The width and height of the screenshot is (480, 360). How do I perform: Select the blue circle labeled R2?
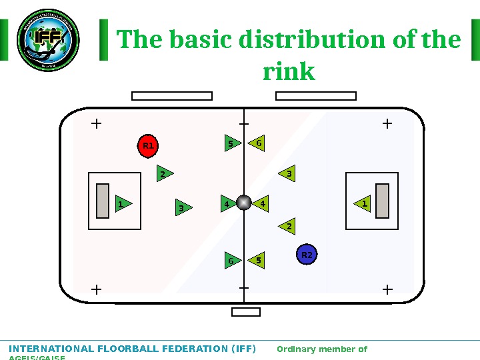click(307, 255)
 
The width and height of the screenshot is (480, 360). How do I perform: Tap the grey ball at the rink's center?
click(244, 203)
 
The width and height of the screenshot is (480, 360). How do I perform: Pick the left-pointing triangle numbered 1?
click(363, 203)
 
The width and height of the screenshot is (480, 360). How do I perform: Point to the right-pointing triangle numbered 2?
click(164, 174)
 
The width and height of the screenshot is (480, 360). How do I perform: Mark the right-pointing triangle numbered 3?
click(183, 209)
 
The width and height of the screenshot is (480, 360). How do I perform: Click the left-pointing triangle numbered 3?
click(287, 174)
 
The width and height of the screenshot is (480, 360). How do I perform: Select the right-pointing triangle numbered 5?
click(231, 143)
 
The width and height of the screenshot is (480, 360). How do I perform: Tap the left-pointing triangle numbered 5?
click(257, 260)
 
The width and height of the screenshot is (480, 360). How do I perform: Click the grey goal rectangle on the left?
click(103, 201)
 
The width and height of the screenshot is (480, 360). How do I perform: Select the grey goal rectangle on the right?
click(382, 201)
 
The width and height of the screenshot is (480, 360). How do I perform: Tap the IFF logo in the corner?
click(47, 39)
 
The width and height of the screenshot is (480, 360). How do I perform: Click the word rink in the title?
click(289, 71)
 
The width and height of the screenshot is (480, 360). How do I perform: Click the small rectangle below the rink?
click(245, 312)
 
